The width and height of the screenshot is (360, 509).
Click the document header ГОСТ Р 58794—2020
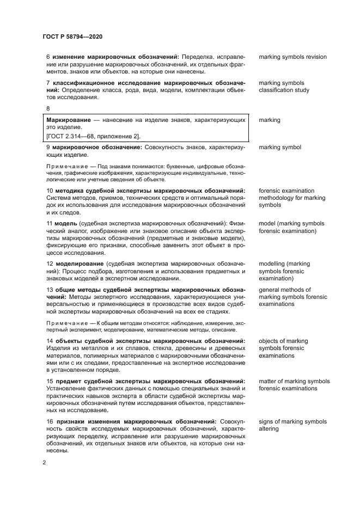coord(72,36)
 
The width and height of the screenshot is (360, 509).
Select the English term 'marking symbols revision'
coord(292,57)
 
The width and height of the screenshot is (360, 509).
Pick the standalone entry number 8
coord(48,108)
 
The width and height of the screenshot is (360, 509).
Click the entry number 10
coord(48,191)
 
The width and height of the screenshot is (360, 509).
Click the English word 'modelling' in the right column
coord(274,263)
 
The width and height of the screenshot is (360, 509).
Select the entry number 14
coord(48,341)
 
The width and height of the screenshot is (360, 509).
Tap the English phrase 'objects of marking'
coord(283,341)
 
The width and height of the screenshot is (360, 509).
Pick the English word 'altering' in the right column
coord(270,429)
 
